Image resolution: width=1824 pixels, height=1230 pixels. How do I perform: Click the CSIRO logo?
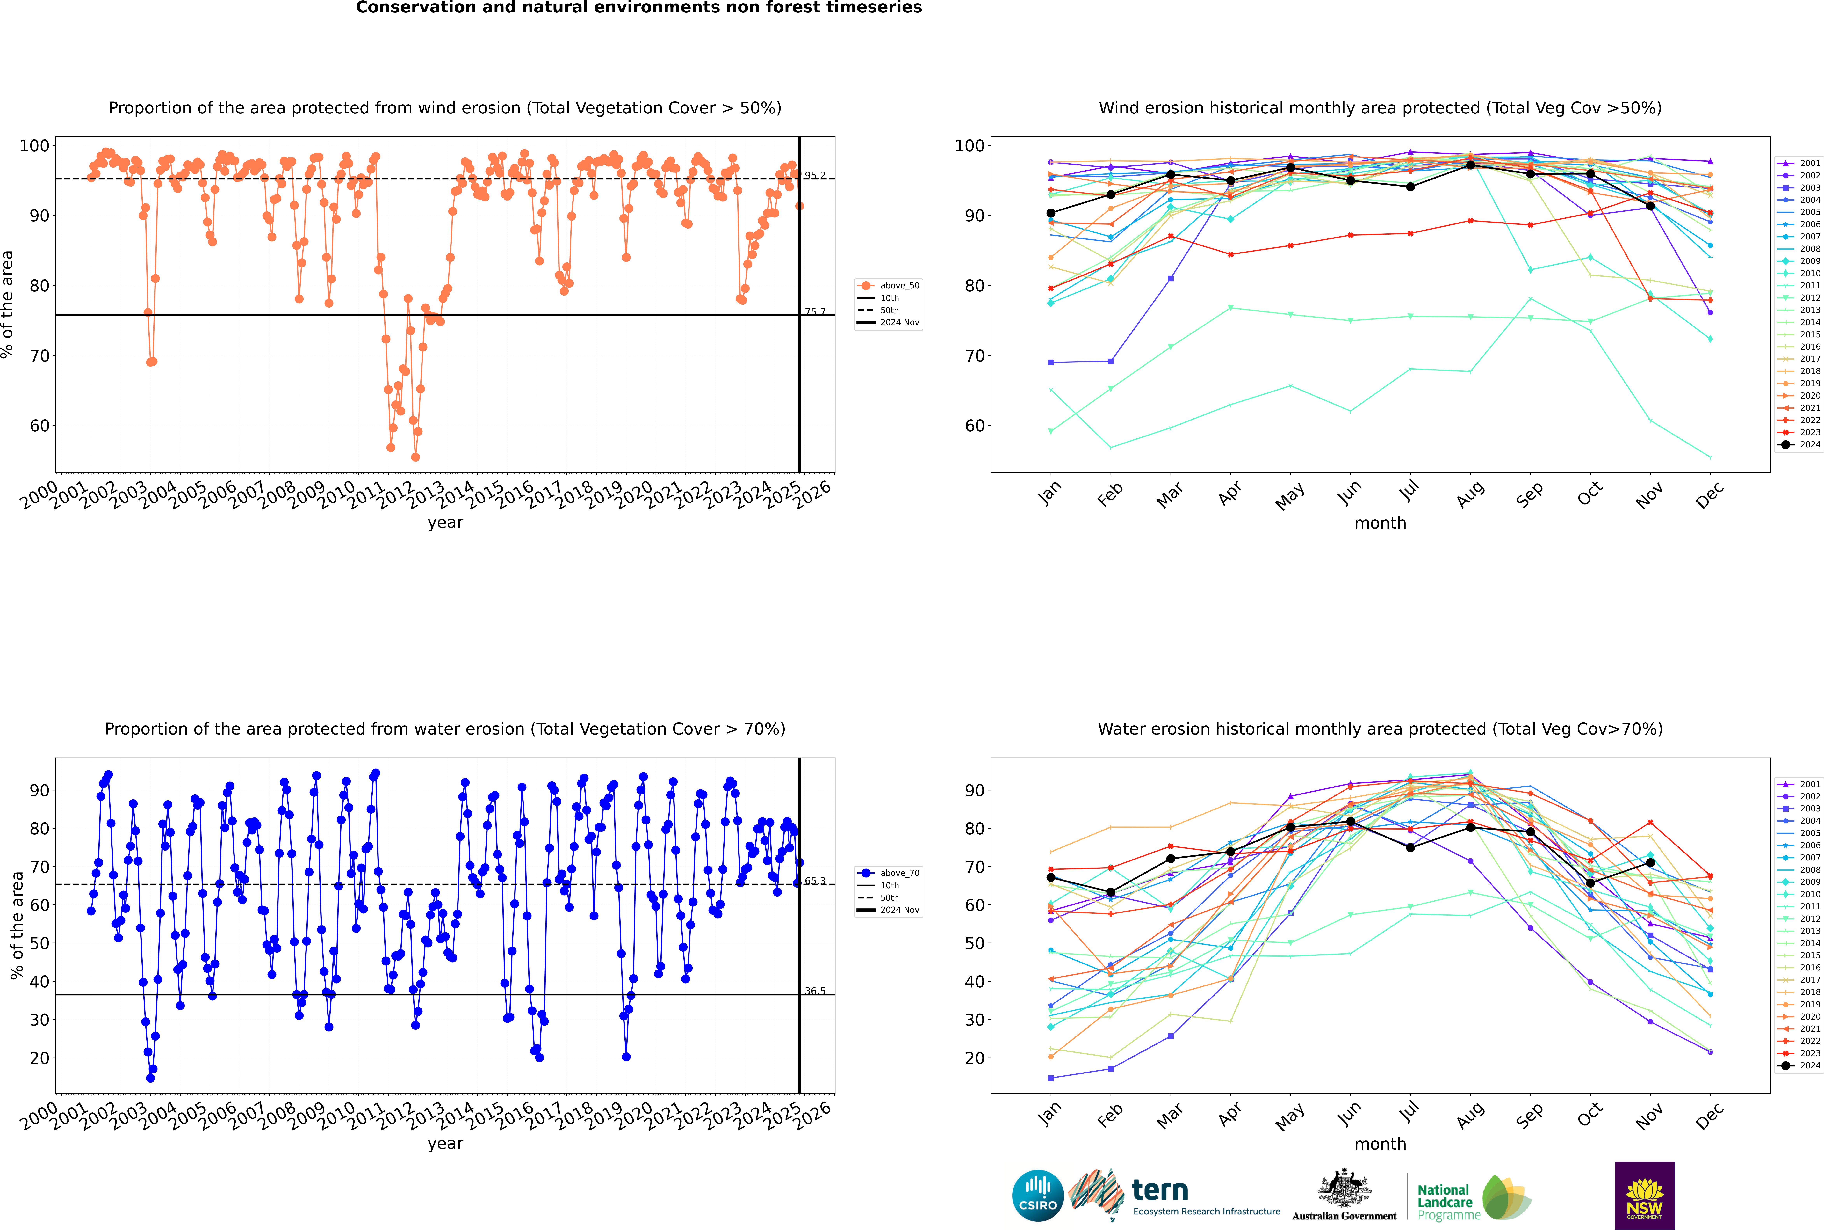[x=1037, y=1196]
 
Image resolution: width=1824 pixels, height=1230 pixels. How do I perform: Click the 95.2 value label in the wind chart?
[x=815, y=176]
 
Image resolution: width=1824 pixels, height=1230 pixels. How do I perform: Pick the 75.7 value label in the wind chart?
[x=815, y=312]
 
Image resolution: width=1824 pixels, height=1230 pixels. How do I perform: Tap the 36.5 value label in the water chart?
[x=815, y=992]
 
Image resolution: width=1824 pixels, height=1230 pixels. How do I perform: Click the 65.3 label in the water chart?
[x=815, y=881]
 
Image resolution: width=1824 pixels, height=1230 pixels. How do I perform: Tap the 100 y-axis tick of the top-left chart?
[x=34, y=146]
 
